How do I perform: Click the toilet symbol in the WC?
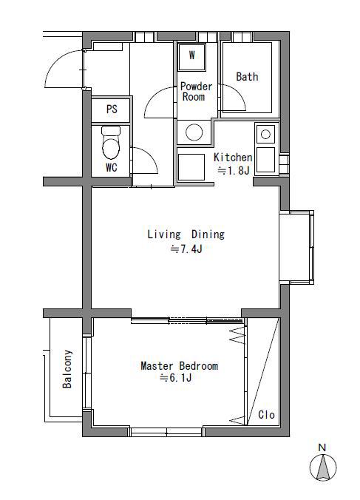pos(111,142)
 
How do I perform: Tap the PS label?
pos(112,109)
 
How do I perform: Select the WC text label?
pos(112,167)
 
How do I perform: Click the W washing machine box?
pos(191,57)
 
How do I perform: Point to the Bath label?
pos(247,76)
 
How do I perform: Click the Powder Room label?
pos(196,91)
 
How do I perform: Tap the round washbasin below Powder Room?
pos(194,132)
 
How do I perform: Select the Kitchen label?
pos(233,158)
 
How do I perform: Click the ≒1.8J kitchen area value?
pos(234,171)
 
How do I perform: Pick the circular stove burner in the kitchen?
pos(265,135)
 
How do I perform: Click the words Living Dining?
pos(186,234)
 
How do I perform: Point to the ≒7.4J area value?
pos(186,249)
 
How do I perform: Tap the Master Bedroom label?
pos(180,365)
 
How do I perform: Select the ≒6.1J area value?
pos(175,378)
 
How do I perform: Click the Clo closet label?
pos(266,414)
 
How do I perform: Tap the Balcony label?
pos(67,369)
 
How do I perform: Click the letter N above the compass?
pos(322,447)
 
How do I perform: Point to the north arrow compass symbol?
pos(323,467)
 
